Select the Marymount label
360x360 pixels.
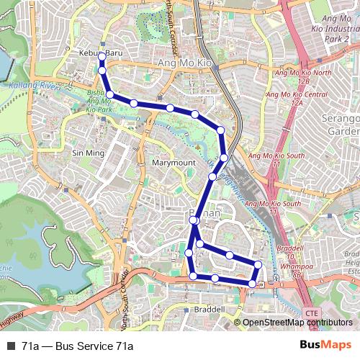coord(174,163)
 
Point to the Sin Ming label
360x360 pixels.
coord(89,153)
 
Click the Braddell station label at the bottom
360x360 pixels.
coord(210,309)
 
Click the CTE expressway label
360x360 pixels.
coord(312,314)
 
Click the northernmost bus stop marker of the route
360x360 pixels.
coord(102,55)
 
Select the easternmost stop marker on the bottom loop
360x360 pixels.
coord(258,266)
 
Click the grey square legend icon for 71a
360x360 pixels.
coord(11,346)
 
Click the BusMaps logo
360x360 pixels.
coord(325,346)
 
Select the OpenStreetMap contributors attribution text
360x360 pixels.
coord(297,323)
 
